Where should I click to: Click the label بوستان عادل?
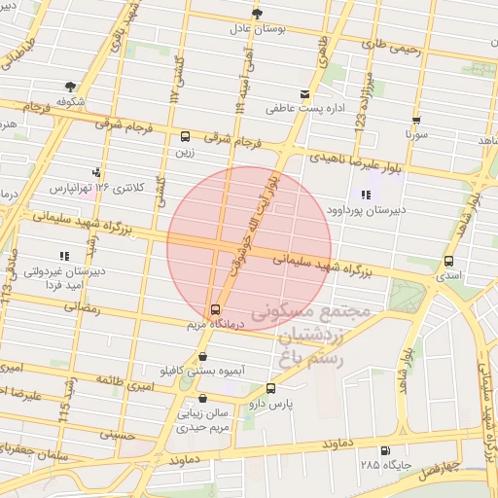click(x=256, y=29)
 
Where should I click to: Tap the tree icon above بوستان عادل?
click(x=257, y=13)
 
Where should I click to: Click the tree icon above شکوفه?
click(x=70, y=87)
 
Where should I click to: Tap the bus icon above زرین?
click(x=185, y=136)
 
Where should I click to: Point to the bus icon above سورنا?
click(x=416, y=121)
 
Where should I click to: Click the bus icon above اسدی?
click(x=448, y=261)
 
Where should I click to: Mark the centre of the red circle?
click(x=249, y=247)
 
